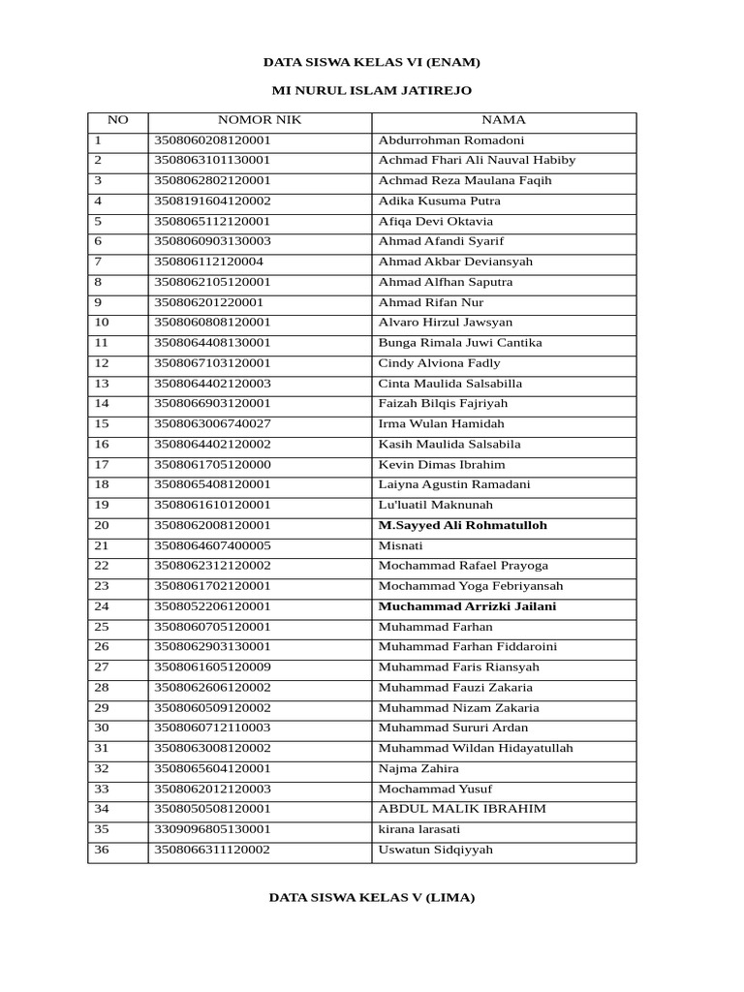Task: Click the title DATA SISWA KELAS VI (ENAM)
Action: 372,62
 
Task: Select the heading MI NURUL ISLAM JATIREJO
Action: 372,90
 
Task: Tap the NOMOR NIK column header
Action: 259,120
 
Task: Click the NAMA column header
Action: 504,120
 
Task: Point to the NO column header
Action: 117,120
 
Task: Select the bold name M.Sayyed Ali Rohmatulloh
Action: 463,525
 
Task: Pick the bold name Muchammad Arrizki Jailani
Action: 468,606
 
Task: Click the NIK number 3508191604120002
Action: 212,201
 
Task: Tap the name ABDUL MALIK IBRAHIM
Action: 462,809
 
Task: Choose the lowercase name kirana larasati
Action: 419,829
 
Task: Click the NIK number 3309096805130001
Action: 212,829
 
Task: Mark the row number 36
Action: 102,850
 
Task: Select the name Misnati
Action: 400,545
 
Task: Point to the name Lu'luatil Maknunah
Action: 436,505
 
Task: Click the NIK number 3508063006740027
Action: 212,424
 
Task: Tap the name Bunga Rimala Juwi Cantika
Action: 460,343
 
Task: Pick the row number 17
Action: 102,465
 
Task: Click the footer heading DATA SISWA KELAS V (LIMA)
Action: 372,897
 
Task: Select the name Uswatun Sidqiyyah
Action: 436,850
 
